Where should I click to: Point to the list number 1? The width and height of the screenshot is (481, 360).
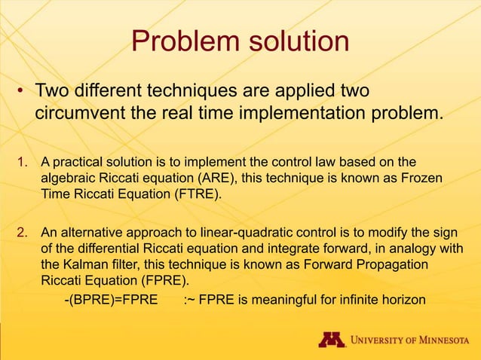click(x=22, y=161)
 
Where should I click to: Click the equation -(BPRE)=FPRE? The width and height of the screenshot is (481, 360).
click(x=110, y=301)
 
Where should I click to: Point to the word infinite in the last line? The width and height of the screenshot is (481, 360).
click(x=357, y=301)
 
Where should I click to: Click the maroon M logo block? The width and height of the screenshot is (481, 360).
click(x=332, y=340)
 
